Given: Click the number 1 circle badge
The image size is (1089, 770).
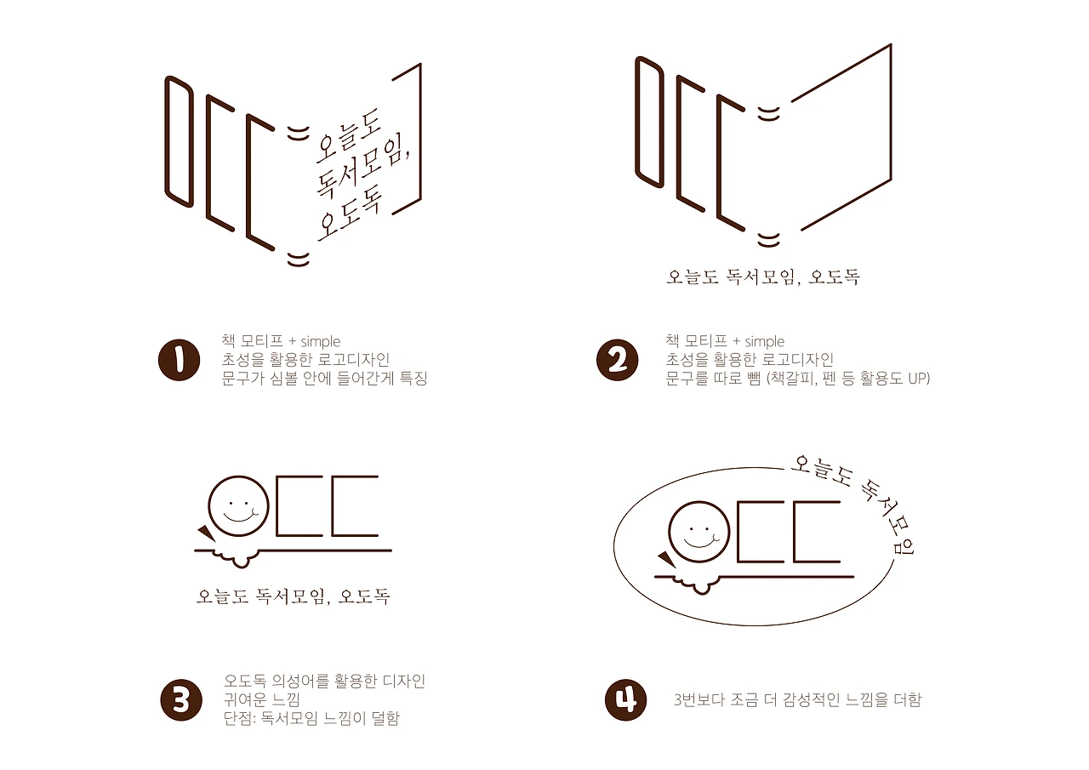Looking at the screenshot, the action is [x=179, y=360].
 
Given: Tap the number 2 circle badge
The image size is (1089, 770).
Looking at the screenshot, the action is [x=617, y=360].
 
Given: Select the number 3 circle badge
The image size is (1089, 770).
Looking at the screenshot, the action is [x=180, y=700].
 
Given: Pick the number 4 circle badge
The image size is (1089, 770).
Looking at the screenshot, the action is [x=625, y=700].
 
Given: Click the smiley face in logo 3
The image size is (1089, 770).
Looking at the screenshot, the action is [x=239, y=507].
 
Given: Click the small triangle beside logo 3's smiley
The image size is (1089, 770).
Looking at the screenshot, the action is [x=205, y=532].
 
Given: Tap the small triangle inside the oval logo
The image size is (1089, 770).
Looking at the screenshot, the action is [x=664, y=558].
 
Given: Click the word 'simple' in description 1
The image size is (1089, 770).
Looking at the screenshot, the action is [x=321, y=342].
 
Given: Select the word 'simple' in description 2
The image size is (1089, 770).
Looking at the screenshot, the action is [x=765, y=342].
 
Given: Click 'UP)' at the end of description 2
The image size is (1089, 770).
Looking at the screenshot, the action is [x=918, y=379].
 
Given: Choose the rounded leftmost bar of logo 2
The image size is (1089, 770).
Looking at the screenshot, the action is [x=649, y=121].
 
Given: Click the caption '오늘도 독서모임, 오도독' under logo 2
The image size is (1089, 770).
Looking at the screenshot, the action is [x=762, y=277].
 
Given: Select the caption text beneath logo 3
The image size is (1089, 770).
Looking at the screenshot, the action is [x=293, y=596].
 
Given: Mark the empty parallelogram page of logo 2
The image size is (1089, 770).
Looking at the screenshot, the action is [x=841, y=136].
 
